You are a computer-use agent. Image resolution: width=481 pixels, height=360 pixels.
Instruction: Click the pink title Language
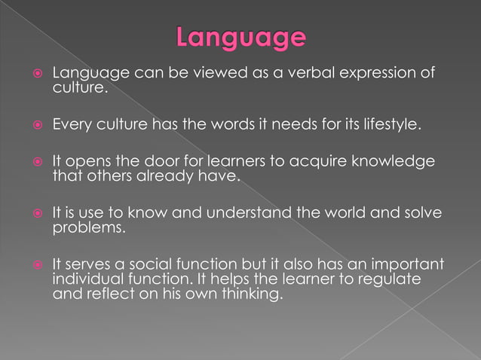coord(241,38)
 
